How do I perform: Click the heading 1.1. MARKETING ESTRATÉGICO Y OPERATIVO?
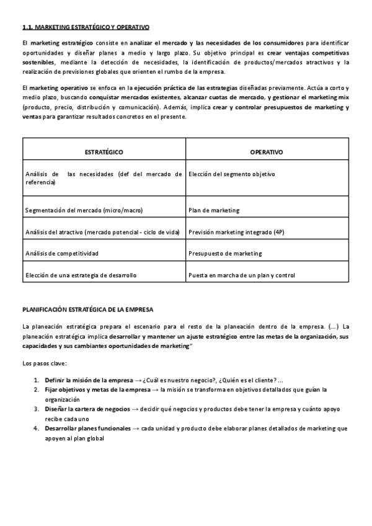86,27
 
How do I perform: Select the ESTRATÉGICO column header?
104,152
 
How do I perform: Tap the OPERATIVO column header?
266,152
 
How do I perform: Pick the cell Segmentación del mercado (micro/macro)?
84,210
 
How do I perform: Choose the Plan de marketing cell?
213,210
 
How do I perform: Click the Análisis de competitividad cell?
62,253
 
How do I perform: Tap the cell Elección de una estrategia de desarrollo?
81,275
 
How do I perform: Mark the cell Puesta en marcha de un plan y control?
241,275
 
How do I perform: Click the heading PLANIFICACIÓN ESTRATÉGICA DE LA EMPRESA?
87,308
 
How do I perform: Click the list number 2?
36,390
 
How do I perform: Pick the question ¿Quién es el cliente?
246,380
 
